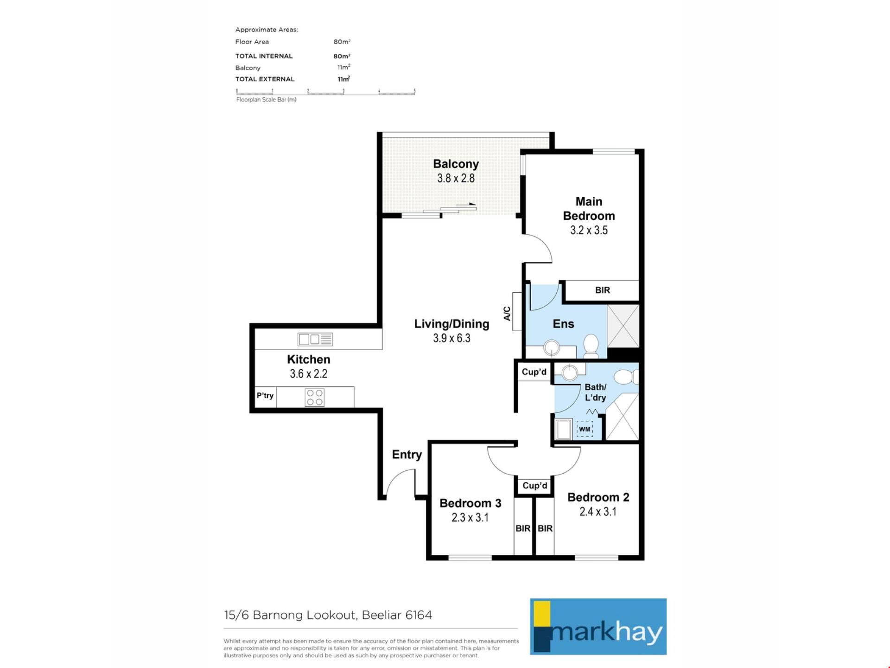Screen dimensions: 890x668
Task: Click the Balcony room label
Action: pos(456,164)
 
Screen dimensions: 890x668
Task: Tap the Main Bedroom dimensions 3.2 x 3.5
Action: pos(589,230)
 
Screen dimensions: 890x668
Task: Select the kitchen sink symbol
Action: pos(315,340)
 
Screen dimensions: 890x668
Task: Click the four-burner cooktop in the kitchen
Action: pos(315,398)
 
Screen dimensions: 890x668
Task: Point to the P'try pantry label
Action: pos(265,396)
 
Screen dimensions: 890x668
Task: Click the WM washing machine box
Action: pos(585,429)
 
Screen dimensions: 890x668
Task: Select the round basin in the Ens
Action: pos(552,347)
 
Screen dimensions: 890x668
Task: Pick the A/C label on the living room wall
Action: pos(507,314)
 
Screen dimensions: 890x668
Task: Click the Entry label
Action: pos(407,455)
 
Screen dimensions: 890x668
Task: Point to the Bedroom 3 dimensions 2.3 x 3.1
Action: pos(470,517)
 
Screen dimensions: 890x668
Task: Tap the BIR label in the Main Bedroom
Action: pos(603,290)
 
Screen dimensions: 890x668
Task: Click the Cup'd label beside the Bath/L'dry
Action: pos(534,372)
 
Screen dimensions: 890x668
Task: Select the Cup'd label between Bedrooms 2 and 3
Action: pos(535,486)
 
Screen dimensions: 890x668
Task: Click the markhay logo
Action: pos(598,627)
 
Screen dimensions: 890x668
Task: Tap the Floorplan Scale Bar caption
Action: pos(266,100)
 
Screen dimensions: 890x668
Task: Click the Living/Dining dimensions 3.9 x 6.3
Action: pos(451,338)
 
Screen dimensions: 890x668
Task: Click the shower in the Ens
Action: pos(623,326)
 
